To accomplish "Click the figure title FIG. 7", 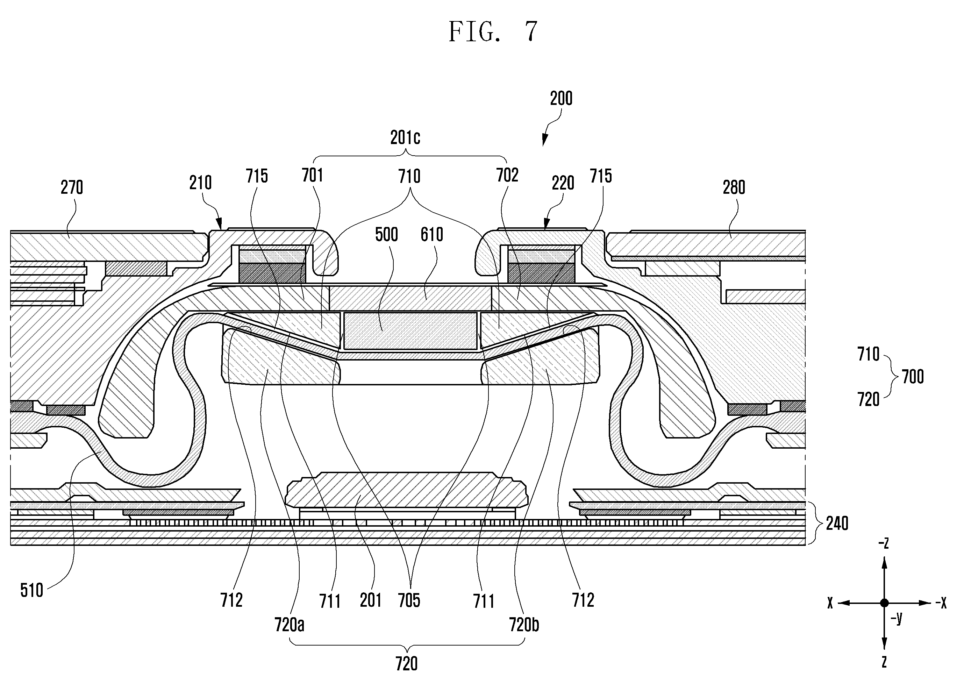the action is tap(493, 32).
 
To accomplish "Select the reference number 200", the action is tap(561, 98).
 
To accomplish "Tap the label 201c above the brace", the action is tap(405, 138).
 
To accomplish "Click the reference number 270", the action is tap(72, 187).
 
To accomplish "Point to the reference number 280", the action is tap(734, 187).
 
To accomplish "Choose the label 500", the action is tap(386, 234).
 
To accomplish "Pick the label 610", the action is tap(432, 234).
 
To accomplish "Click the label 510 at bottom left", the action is tap(32, 590).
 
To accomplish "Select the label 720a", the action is tap(290, 624).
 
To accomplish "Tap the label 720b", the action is tap(524, 624).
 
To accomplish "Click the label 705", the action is tap(409, 600).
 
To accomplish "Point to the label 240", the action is tap(837, 523).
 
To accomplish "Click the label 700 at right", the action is tap(913, 377).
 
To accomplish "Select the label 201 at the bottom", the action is tap(371, 600).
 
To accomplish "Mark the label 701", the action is tap(312, 175).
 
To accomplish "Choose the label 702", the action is tap(507, 175).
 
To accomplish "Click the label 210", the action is tap(200, 183).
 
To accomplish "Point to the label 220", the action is tap(563, 183).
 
